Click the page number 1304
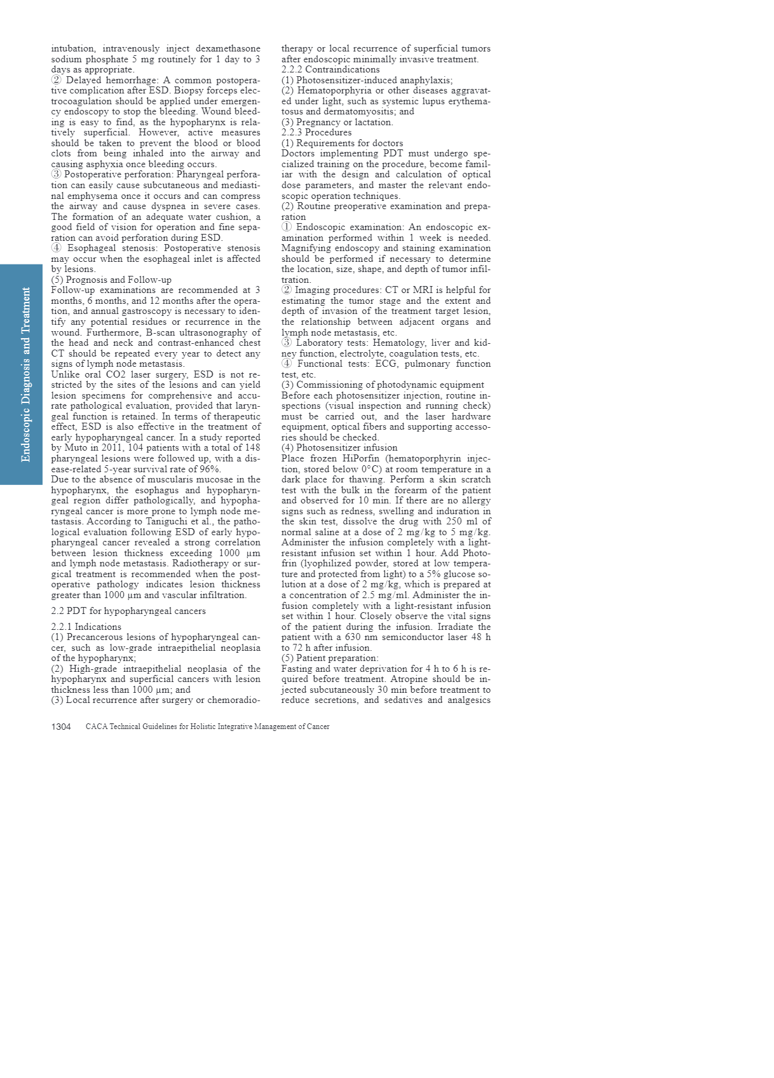coord(61,727)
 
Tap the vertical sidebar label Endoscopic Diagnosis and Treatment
coord(25,374)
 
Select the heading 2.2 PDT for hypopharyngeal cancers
coord(128,611)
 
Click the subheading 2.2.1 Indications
coord(86,627)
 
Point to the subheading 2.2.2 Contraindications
coord(330,69)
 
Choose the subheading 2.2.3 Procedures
coord(316,132)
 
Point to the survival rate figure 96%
coord(209,469)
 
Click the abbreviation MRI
coord(423,290)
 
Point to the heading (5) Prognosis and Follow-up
coord(111,280)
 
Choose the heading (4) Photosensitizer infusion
coord(339,447)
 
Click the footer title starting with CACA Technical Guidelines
coord(207,727)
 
